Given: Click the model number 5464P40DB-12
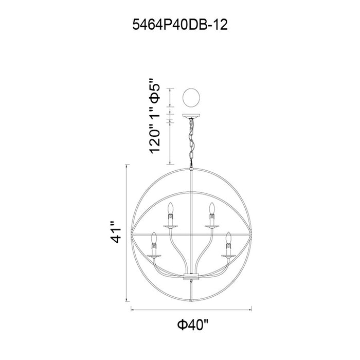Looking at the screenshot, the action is coord(180,25).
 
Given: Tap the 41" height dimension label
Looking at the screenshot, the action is coord(116,232).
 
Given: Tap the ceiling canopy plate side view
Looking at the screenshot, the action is coord(191,116).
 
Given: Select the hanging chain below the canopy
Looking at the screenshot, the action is coord(191,142).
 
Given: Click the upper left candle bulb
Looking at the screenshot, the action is coord(170,208).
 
